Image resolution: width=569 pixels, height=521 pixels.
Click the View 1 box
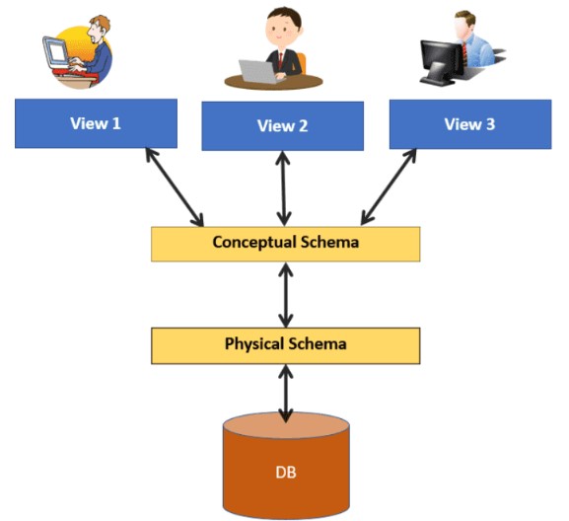click(x=97, y=123)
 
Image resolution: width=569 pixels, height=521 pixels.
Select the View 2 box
click(x=283, y=126)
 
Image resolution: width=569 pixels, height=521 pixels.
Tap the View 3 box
click(x=470, y=124)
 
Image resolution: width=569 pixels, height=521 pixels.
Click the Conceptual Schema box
click(x=286, y=244)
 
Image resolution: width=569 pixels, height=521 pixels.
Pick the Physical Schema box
click(x=286, y=345)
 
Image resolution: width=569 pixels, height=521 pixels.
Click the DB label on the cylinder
click(x=286, y=473)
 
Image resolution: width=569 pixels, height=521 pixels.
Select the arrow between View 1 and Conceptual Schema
click(x=175, y=187)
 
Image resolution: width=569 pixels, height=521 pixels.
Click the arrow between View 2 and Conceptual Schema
click(x=283, y=188)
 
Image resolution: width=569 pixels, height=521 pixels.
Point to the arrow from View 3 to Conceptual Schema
click(x=389, y=186)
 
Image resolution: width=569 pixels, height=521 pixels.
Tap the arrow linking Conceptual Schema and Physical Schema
click(x=286, y=295)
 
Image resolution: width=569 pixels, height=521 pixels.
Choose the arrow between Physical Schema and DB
click(x=286, y=394)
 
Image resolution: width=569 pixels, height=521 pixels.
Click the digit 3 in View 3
click(x=490, y=124)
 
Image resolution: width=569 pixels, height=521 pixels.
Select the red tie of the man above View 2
click(x=280, y=61)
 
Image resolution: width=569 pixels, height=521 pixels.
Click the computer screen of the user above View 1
click(x=57, y=52)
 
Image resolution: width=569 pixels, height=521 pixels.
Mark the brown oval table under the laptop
click(x=273, y=82)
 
